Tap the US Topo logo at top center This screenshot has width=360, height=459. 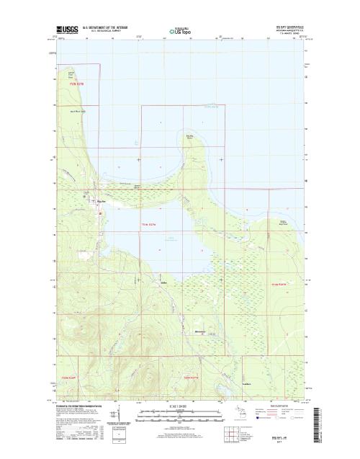(179, 31)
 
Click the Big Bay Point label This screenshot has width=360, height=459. (191, 135)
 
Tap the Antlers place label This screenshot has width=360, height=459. (164, 282)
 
